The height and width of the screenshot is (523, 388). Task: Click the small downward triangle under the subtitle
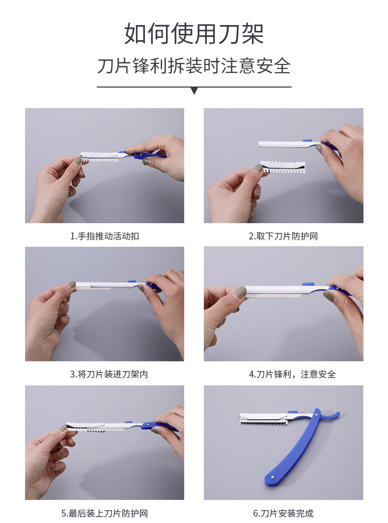(x=194, y=90)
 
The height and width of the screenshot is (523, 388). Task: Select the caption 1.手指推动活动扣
(x=105, y=236)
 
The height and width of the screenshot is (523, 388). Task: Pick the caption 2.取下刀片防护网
(x=283, y=236)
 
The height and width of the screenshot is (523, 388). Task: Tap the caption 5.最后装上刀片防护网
(x=105, y=514)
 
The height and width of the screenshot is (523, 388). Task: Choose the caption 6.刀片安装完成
(x=283, y=514)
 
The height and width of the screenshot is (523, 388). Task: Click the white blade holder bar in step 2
(x=285, y=144)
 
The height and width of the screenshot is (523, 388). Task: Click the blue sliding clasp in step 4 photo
(x=308, y=284)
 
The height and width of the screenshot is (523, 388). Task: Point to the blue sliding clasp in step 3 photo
(x=131, y=282)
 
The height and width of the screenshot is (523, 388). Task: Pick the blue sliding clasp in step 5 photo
(x=129, y=421)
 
